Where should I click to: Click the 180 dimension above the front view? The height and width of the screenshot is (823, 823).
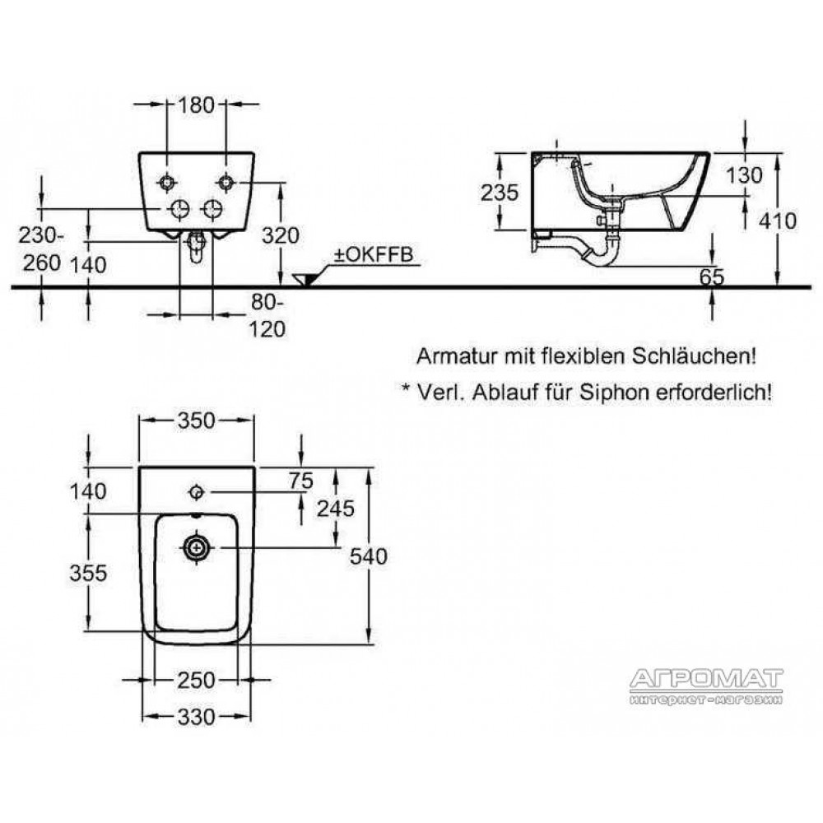click(197, 105)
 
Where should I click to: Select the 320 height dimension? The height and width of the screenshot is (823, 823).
click(281, 235)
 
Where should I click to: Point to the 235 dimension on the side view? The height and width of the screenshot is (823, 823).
click(500, 193)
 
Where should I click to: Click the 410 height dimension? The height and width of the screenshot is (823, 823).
click(778, 221)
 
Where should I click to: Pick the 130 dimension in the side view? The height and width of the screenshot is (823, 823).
click(744, 174)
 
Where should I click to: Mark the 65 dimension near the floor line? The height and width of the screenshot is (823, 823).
click(712, 277)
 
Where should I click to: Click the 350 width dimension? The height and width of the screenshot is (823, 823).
click(197, 421)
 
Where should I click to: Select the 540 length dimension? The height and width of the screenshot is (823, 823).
click(369, 556)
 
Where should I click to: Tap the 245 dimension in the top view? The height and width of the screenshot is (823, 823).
click(336, 509)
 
